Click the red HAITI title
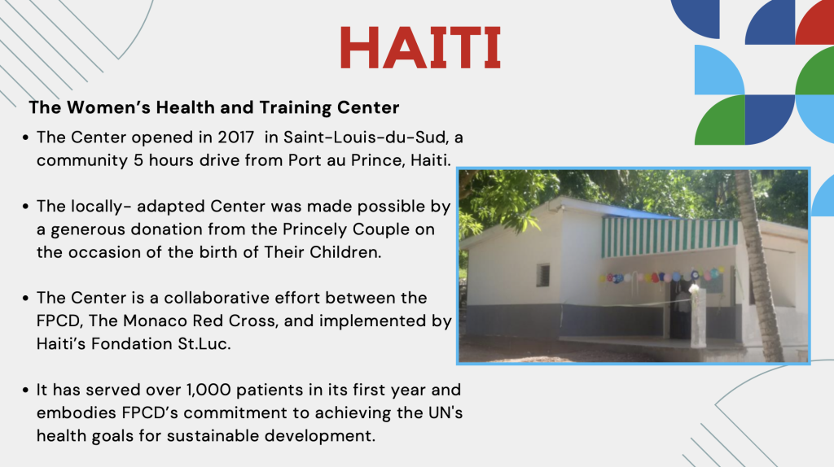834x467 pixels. point(420,47)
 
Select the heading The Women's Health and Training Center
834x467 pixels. point(214,107)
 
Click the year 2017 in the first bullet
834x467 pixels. point(235,137)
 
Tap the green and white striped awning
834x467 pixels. point(669,237)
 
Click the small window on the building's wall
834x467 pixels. point(543,275)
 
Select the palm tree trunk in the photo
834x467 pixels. point(759,266)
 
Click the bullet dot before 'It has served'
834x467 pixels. point(25,391)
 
